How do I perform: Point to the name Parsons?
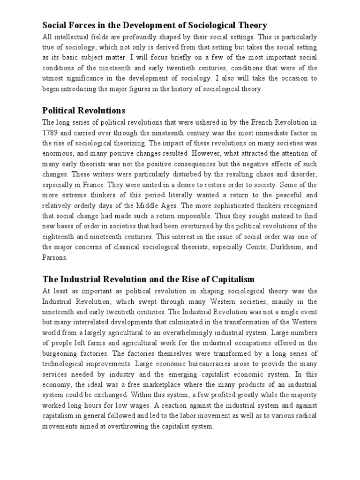(55, 257)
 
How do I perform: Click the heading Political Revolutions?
(84, 111)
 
